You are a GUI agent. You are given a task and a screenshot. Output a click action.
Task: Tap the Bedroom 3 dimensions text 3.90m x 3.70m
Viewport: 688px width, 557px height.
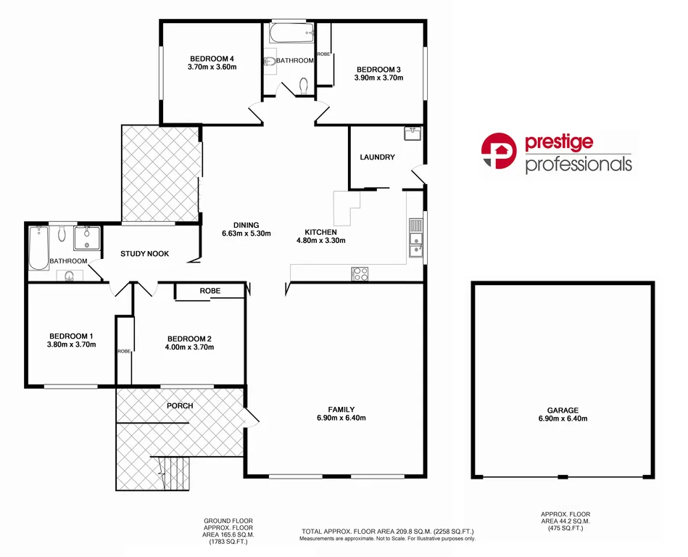click(378, 78)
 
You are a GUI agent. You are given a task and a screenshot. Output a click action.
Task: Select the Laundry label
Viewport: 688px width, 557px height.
click(377, 157)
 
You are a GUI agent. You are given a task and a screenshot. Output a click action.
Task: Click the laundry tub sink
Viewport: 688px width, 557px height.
click(412, 133)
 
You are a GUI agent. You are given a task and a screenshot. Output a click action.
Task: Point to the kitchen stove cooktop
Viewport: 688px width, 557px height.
click(360, 273)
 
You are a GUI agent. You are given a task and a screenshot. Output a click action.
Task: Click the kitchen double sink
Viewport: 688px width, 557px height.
click(415, 239)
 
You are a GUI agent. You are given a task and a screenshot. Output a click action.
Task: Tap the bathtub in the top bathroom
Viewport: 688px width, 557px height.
click(290, 31)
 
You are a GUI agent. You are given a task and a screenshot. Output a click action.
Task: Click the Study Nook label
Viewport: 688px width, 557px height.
click(145, 254)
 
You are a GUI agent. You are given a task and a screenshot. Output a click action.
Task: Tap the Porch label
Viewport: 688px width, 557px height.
click(180, 405)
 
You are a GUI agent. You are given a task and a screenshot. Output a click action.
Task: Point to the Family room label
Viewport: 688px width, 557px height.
click(341, 410)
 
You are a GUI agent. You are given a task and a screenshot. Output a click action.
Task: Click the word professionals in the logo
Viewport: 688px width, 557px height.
click(578, 165)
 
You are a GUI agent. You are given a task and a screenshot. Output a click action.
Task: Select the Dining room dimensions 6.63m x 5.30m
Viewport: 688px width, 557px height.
click(246, 234)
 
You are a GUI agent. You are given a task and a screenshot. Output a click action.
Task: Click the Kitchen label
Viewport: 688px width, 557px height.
click(320, 232)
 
